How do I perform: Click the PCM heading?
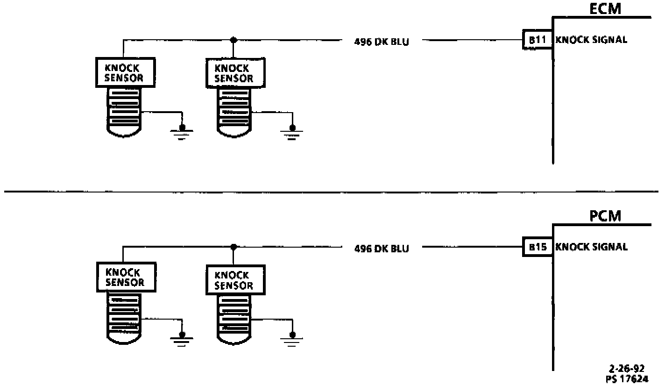tap(605, 216)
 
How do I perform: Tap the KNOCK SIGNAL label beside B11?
tap(591, 40)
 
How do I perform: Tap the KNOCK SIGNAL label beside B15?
tap(591, 247)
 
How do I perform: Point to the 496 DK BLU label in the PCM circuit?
tap(382, 249)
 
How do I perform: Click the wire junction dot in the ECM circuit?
tap(233, 40)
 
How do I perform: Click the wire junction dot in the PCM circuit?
tap(233, 247)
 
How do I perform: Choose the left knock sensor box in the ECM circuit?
tap(125, 72)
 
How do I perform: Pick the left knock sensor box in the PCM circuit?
tap(125, 278)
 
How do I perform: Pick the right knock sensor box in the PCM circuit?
tap(235, 280)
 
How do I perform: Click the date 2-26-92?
tap(631, 369)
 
